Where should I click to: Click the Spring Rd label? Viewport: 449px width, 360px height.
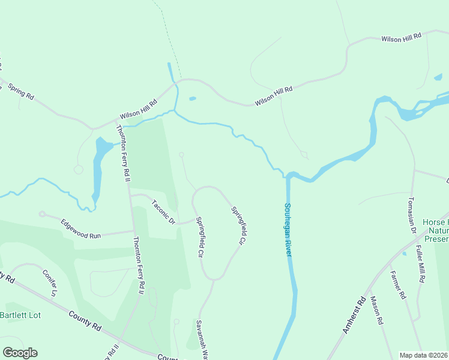coord(21,92)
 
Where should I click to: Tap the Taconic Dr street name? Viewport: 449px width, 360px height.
coord(163,212)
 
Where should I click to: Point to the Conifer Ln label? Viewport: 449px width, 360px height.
coord(49,283)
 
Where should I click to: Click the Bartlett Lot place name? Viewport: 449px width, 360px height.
coord(19,315)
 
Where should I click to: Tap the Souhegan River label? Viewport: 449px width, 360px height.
coord(288,230)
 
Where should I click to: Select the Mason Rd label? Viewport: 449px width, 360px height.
coord(377,311)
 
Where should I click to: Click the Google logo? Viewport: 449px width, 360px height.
coord(20,353)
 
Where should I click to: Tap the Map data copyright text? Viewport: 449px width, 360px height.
coord(423,355)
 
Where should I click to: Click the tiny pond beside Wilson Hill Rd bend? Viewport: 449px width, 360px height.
coord(192,99)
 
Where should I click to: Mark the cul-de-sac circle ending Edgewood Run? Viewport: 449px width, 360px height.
coord(42,214)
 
